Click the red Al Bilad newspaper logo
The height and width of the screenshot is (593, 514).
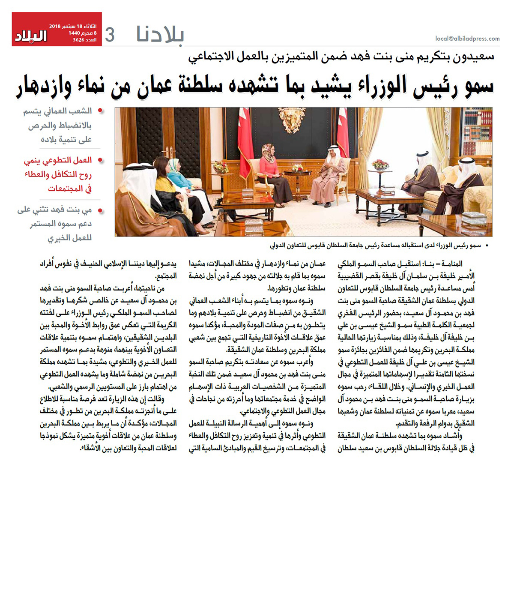tap(31, 36)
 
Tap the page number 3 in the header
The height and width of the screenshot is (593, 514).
tap(110, 35)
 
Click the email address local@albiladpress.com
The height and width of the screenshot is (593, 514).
tap(467, 39)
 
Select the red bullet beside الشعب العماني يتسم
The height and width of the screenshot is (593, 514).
tap(100, 111)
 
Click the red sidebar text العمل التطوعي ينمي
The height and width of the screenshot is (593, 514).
tap(58, 160)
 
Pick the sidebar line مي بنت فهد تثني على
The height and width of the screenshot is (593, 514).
tap(54, 210)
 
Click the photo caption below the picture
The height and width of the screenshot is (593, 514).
tap(375, 246)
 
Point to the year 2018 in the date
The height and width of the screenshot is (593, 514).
tap(54, 27)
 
